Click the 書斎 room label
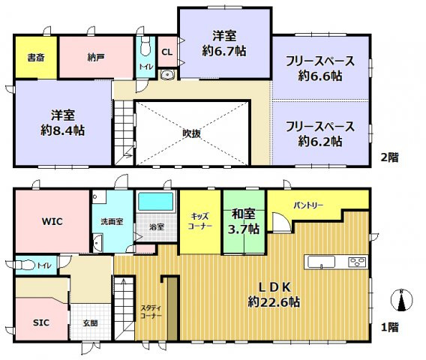[x=34, y=57]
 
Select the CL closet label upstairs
[x=167, y=52]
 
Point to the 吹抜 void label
[x=191, y=133]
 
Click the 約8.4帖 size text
[x=62, y=130]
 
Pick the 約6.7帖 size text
[x=225, y=51]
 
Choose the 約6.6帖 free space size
[x=320, y=75]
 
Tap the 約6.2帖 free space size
[x=320, y=140]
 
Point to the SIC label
[x=40, y=322]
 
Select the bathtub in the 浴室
[x=155, y=203]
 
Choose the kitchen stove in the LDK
[x=355, y=262]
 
